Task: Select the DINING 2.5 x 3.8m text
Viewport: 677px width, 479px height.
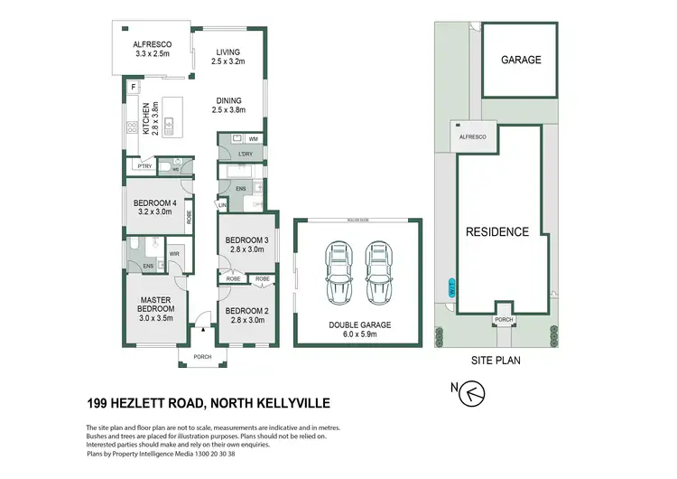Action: (228, 105)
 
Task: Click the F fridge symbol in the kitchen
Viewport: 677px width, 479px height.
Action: (134, 88)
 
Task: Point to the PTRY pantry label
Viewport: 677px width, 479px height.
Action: (143, 165)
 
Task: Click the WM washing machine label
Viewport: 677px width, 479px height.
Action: (254, 138)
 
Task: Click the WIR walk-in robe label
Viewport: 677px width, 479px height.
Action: (174, 255)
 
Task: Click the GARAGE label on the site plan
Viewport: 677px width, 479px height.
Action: (521, 60)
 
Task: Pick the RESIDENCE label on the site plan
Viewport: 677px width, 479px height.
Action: (496, 232)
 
